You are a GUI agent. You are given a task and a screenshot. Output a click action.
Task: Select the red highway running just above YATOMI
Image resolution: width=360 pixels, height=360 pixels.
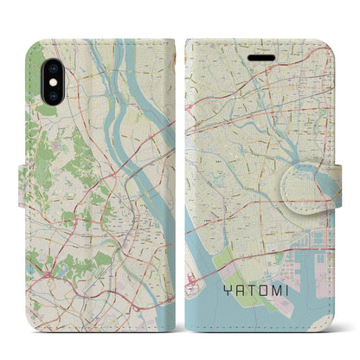click(260, 275)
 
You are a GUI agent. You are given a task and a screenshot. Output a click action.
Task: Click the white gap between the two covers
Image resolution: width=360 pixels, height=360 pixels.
click(179, 173)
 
